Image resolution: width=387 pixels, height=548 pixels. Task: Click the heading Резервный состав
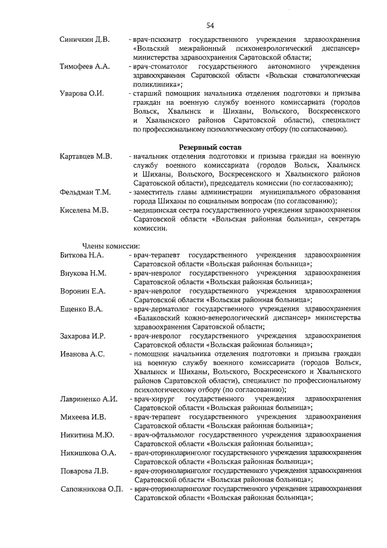(210, 147)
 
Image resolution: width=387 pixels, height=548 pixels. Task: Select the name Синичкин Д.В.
(85, 40)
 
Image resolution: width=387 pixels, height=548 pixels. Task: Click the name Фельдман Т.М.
(85, 192)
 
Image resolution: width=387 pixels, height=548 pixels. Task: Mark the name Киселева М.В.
(84, 210)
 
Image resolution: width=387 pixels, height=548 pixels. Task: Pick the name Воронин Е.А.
(83, 291)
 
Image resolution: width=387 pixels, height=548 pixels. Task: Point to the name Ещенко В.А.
(81, 309)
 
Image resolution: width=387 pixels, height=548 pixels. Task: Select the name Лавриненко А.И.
(88, 399)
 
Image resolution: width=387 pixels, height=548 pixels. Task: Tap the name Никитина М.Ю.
(86, 435)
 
